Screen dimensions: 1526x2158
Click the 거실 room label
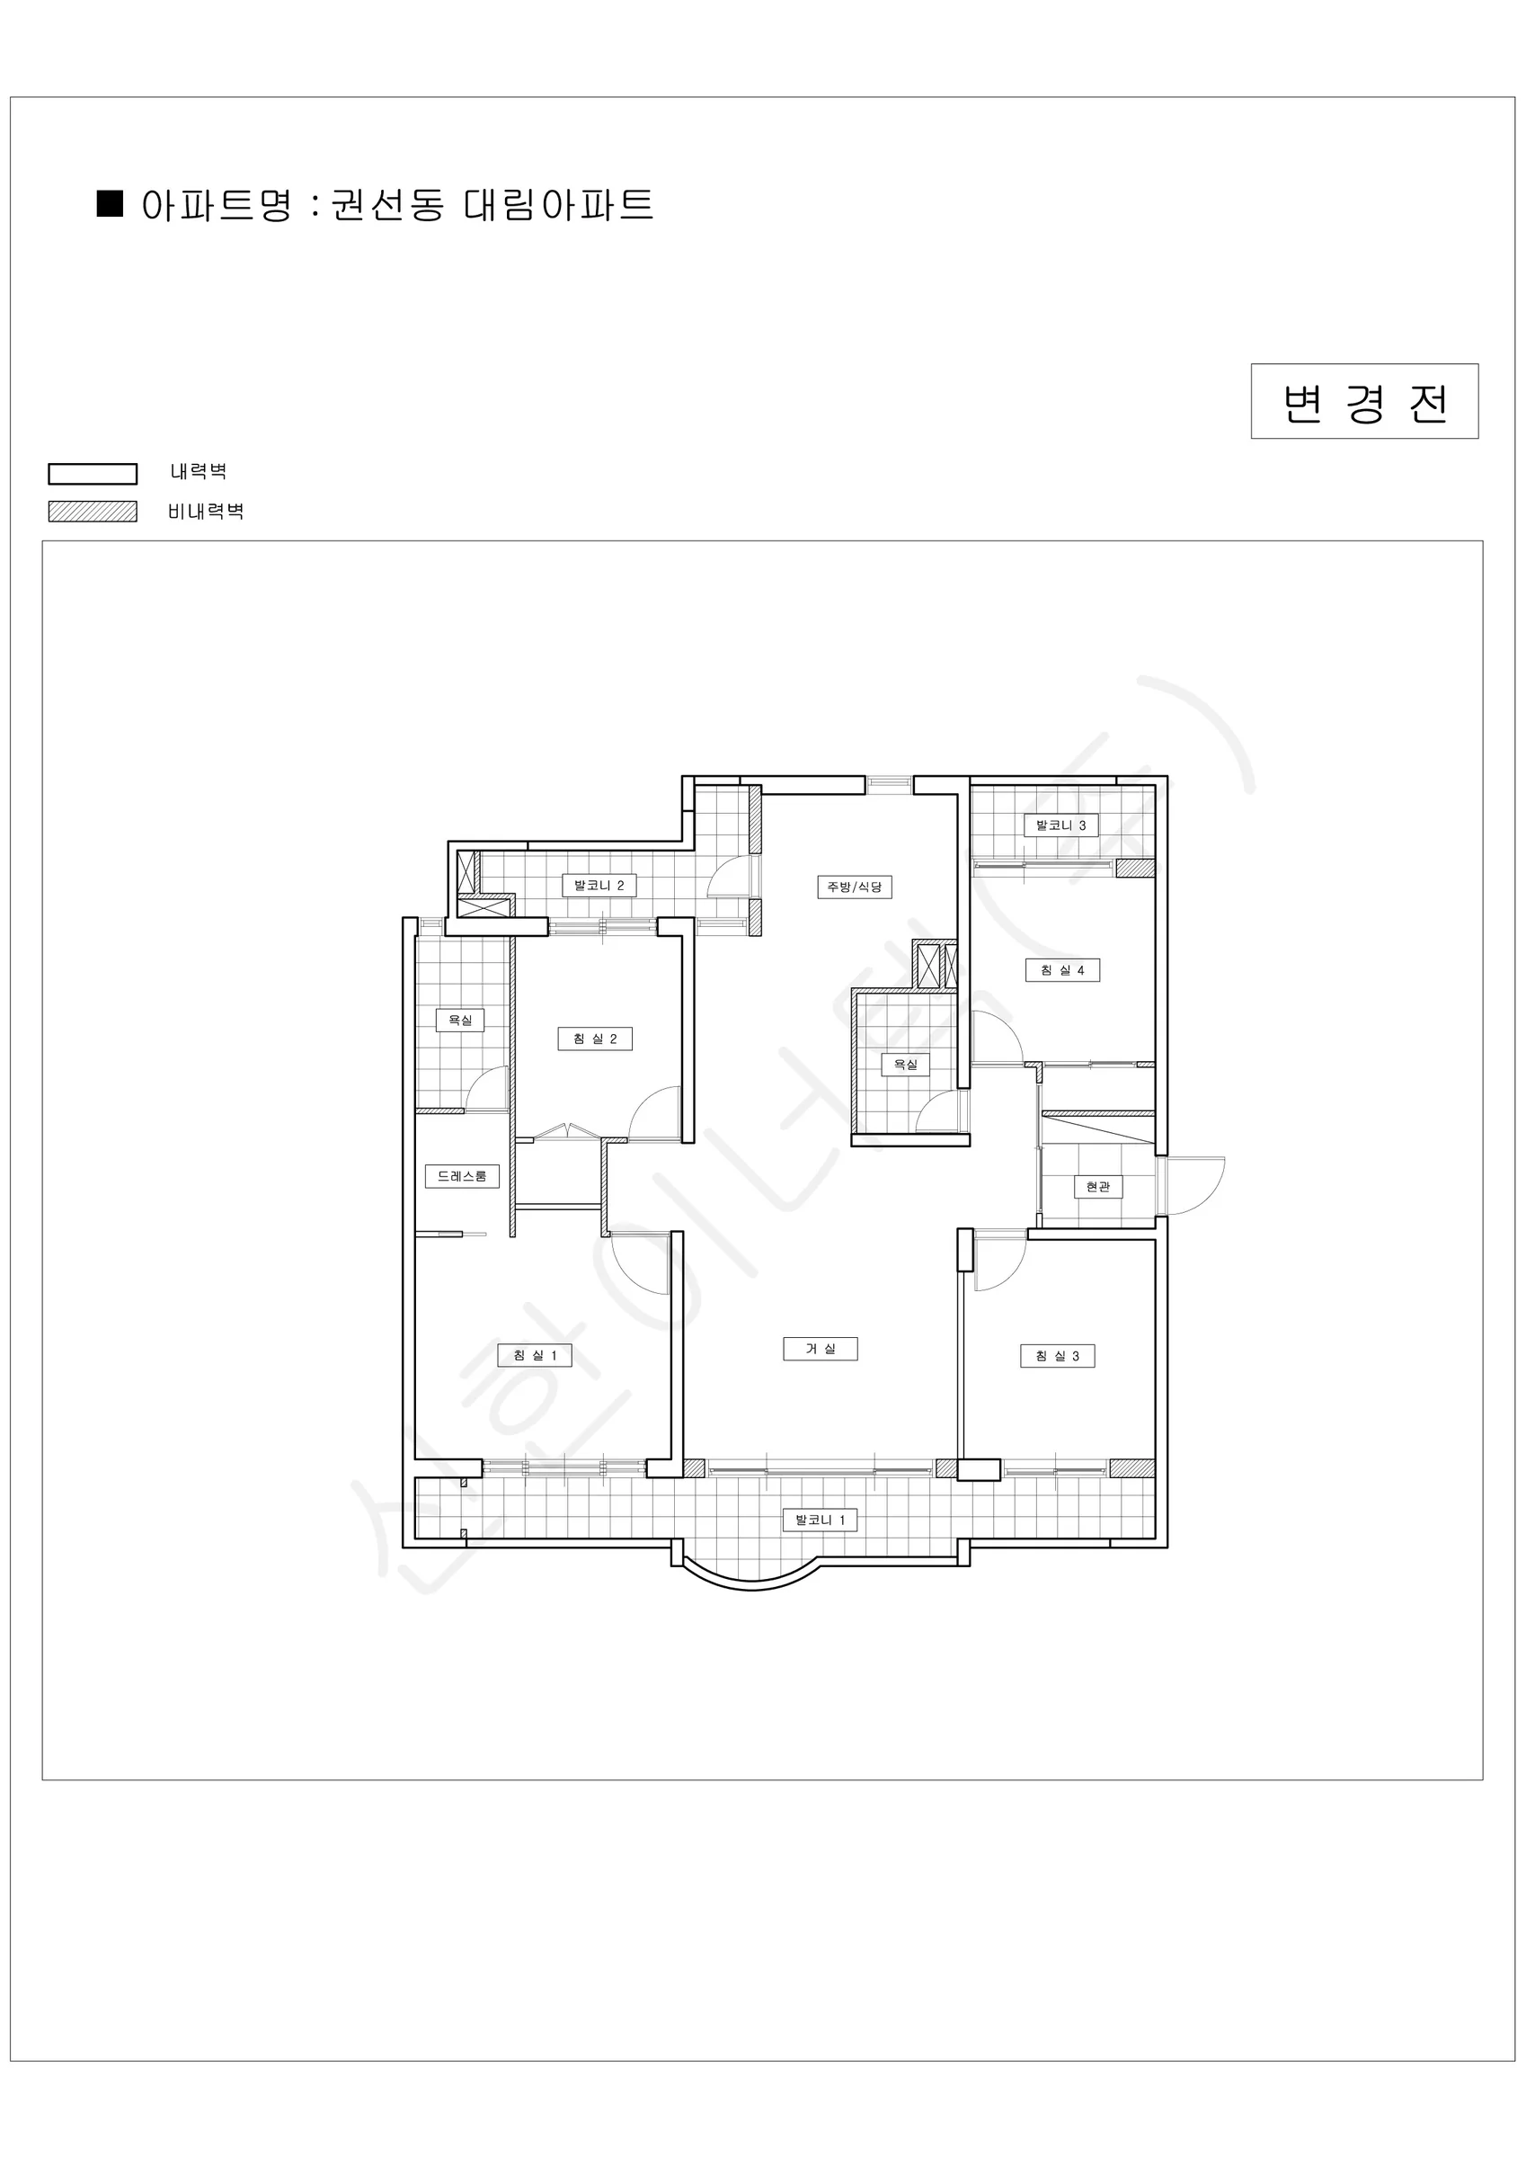coord(821,1349)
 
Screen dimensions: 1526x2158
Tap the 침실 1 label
coord(535,1355)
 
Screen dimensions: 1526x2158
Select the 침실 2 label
coord(595,1039)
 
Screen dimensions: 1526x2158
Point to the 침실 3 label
coord(1057,1356)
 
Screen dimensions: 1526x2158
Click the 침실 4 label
coord(1061,970)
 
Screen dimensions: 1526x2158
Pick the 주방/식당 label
coord(854,887)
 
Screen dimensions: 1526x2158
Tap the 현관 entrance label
coord(1097,1187)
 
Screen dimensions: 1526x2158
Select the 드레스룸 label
coord(461,1176)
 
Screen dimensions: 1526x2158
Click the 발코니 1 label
coord(821,1520)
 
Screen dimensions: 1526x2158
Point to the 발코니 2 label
coord(599,886)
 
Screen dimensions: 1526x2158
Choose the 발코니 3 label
coord(1060,825)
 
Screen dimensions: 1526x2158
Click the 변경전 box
coord(1364,401)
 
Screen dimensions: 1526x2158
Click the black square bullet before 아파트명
coord(110,204)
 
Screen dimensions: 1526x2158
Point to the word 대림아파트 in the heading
coord(558,205)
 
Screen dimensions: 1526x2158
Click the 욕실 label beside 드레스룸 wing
coord(459,1020)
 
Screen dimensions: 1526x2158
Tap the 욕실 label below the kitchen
coord(905,1065)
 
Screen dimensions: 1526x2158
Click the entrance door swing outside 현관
coord(1194,1186)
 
